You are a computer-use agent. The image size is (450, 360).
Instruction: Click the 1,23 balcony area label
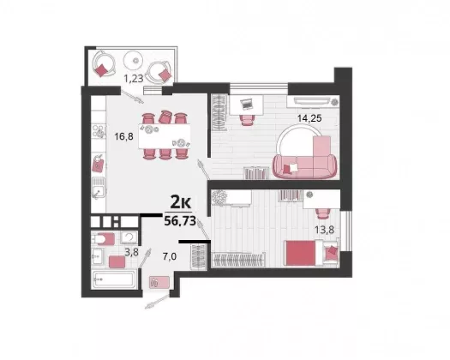pyautogui.click(x=134, y=78)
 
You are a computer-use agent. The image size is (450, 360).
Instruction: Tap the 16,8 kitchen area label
pyautogui.click(x=123, y=136)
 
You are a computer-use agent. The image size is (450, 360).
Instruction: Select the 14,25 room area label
pyautogui.click(x=309, y=118)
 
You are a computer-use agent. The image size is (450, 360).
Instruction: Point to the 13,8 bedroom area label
pyautogui.click(x=324, y=230)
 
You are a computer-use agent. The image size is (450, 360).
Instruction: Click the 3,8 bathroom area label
pyautogui.click(x=131, y=252)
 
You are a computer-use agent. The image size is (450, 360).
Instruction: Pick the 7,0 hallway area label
pyautogui.click(x=170, y=256)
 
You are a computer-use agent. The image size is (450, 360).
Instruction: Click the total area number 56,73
pyautogui.click(x=180, y=221)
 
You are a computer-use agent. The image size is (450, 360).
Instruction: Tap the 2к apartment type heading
pyautogui.click(x=181, y=202)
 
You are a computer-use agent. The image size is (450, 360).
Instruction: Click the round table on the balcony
pyautogui.click(x=133, y=60)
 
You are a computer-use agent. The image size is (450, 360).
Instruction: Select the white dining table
pyautogui.click(x=165, y=136)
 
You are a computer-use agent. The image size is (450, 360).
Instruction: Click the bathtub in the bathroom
pyautogui.click(x=113, y=279)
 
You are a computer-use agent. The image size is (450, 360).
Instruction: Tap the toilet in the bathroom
pyautogui.click(x=103, y=239)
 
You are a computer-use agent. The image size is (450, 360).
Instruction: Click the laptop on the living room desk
pyautogui.click(x=246, y=104)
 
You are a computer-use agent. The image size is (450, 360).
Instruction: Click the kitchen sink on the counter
pyautogui.click(x=99, y=188)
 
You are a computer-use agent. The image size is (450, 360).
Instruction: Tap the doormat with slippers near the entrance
pyautogui.click(x=159, y=282)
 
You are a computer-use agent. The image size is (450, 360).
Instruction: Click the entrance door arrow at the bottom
pyautogui.click(x=157, y=302)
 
